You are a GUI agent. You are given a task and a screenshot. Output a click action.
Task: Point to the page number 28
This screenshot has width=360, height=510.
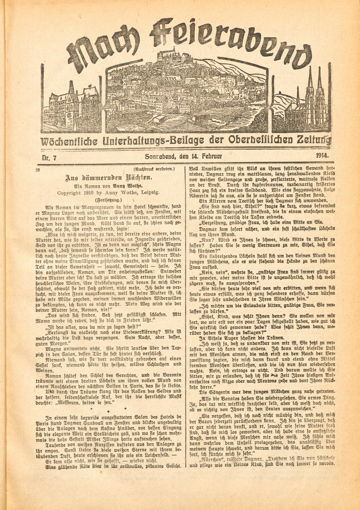click(x=38, y=170)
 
